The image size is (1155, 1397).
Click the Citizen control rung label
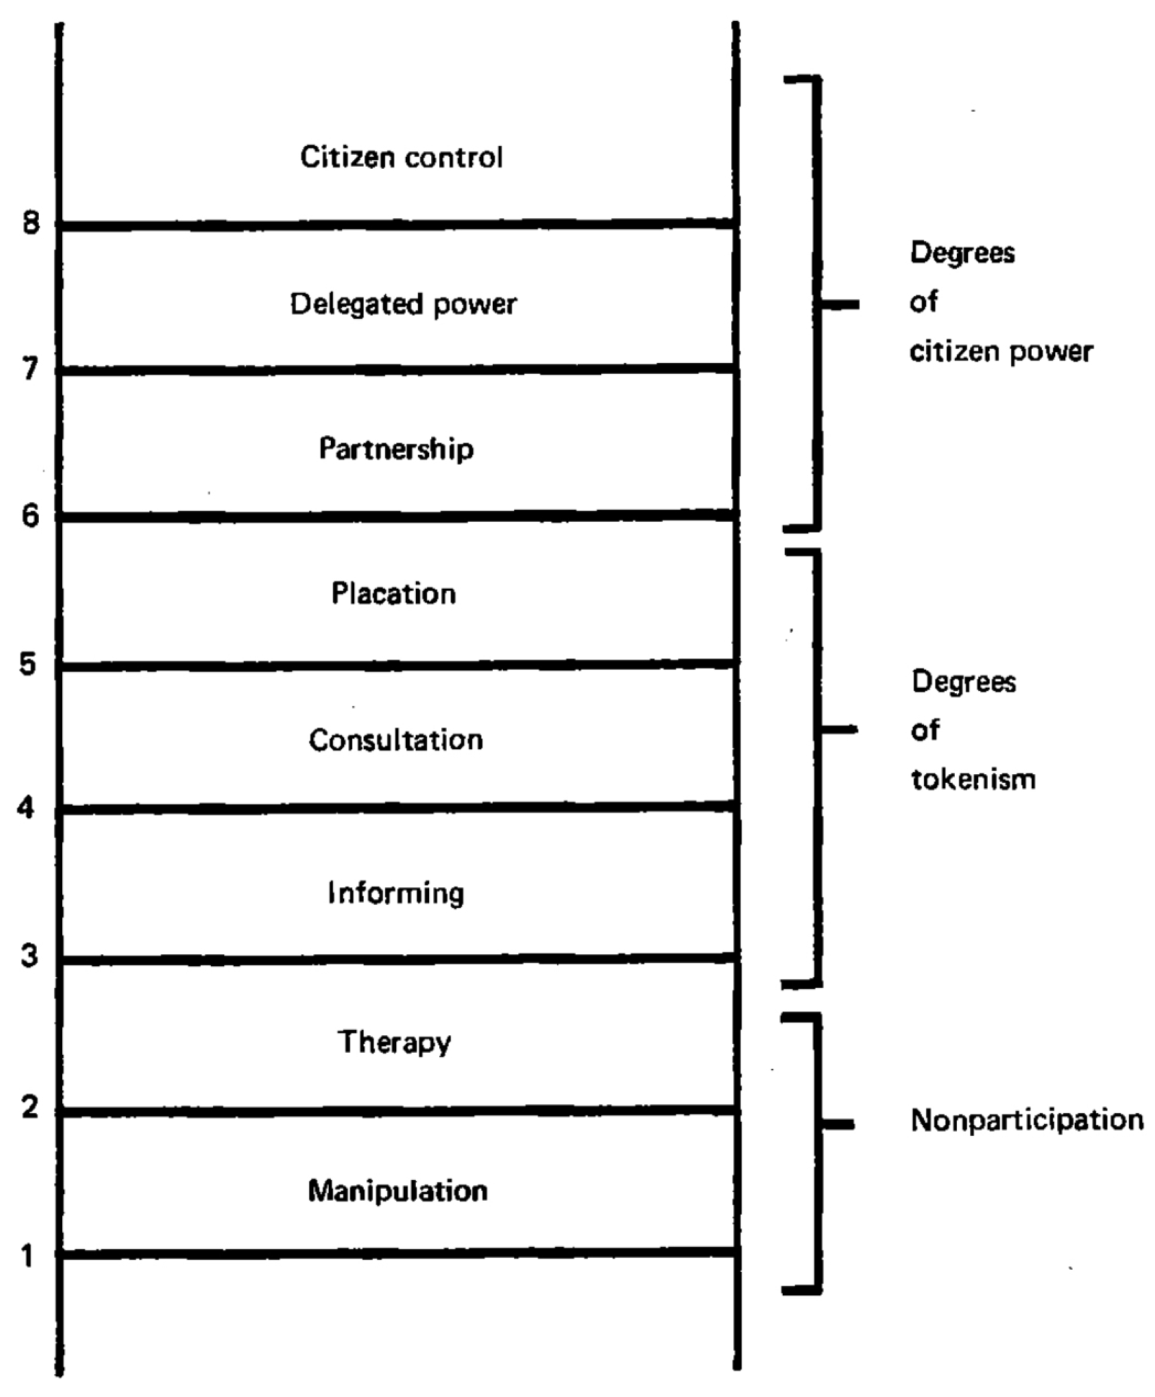pos(401,158)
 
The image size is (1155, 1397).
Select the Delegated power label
pos(403,305)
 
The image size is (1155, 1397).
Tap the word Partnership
pos(396,449)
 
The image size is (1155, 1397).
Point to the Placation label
pos(394,594)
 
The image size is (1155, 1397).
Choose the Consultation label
pos(396,740)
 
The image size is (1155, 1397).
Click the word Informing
pos(396,893)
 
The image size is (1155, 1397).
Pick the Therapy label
pos(394,1043)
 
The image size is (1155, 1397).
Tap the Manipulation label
pos(398,1191)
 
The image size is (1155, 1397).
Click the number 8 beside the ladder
pos(31,222)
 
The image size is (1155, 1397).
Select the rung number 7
pos(30,369)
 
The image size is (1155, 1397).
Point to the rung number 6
pos(30,516)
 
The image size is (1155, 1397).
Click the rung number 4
pos(26,808)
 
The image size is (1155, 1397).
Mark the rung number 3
pos(29,956)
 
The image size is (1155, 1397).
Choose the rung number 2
pos(29,1108)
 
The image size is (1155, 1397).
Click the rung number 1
pos(27,1256)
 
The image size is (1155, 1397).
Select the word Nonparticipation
pos(1026,1120)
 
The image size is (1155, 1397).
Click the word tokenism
pos(974,779)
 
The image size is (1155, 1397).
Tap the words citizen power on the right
pos(1001,352)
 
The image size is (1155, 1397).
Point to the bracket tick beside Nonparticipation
pos(838,1125)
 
